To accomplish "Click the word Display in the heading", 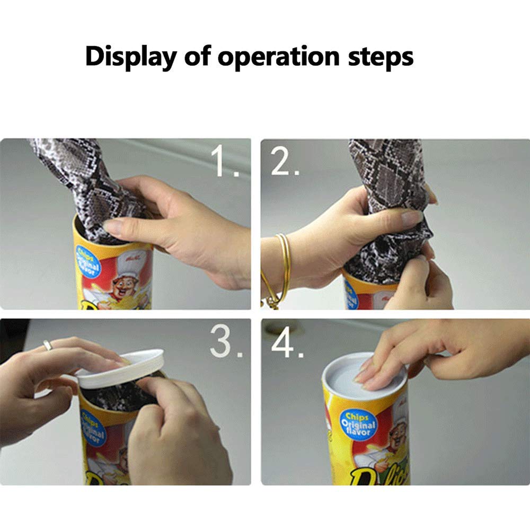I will [131, 56].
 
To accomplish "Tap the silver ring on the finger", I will [48, 345].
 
